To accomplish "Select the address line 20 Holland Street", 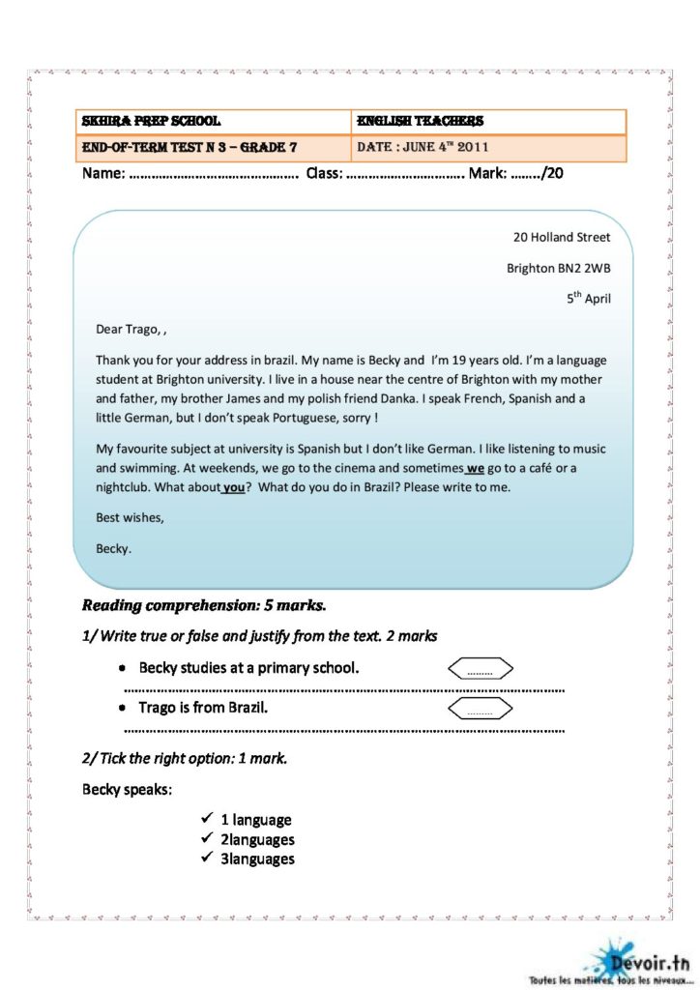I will [562, 237].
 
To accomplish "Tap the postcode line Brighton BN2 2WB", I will [558, 268].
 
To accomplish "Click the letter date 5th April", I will [588, 299].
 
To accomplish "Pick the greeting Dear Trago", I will [130, 329].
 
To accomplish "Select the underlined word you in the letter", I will [233, 487].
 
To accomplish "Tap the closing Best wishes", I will [130, 518].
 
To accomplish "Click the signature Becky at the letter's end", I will [113, 549].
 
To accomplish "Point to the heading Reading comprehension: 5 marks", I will [204, 606].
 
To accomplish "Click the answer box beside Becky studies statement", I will [480, 669].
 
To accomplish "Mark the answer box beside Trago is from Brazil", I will [480, 710].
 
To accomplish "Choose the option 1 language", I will [255, 820].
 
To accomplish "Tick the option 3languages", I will [257, 859].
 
